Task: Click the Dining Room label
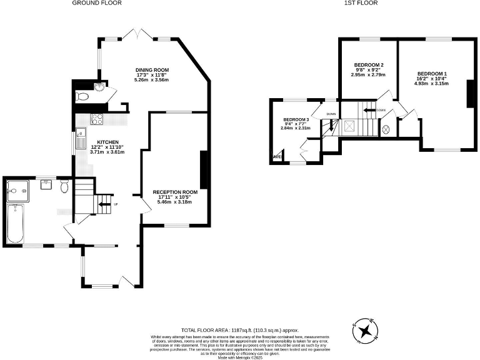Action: (x=152, y=70)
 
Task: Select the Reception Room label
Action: (x=176, y=192)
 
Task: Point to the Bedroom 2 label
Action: (x=368, y=65)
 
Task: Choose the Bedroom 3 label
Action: (x=296, y=119)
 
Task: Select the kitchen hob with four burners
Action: (x=97, y=119)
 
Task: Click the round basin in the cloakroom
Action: (x=100, y=87)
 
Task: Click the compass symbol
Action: (x=366, y=329)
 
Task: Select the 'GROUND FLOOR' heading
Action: (x=97, y=3)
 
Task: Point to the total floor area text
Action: (x=240, y=330)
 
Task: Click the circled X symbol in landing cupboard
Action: (x=386, y=129)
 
